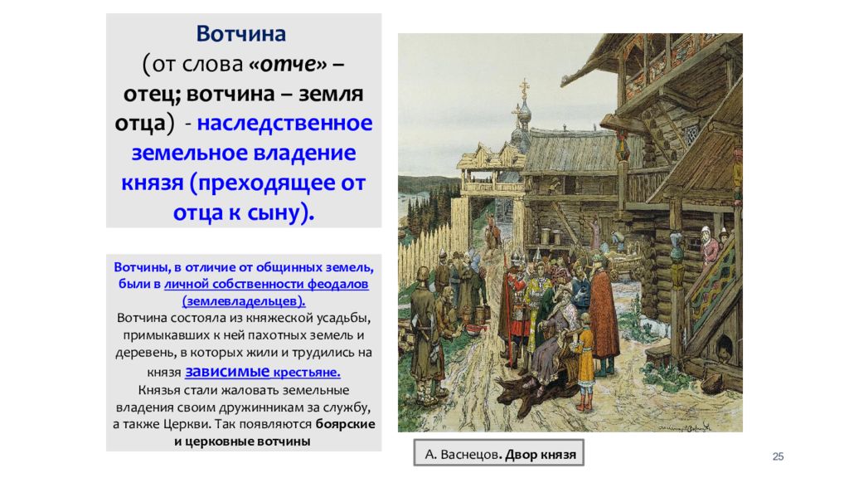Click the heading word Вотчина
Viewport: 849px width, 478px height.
pos(241,34)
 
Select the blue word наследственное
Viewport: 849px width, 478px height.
pos(284,124)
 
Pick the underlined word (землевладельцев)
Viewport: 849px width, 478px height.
pos(244,300)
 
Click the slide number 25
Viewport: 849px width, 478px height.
pos(778,456)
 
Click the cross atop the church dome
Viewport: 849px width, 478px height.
pos(524,87)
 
